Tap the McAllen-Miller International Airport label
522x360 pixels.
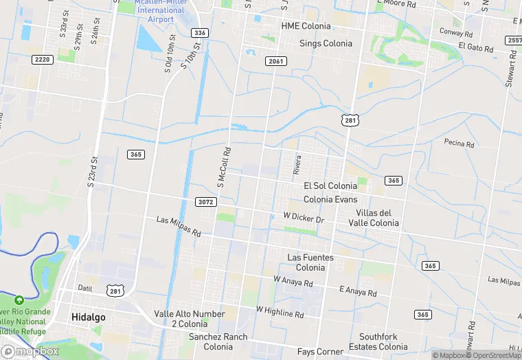pos(160,10)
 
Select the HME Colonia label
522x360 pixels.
pos(306,26)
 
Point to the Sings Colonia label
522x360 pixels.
pos(326,43)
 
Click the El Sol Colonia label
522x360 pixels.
pos(330,186)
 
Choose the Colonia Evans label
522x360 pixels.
pos(330,199)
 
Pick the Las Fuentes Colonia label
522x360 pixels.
pos(310,262)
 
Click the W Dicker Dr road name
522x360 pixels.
pos(303,217)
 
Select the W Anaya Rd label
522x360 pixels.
pos(293,281)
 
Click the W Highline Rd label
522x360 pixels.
pos(280,312)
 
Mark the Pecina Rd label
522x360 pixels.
pos(459,144)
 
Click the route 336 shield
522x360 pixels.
pos(200,33)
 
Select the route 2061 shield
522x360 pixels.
pos(275,62)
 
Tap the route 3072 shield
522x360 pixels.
pos(206,202)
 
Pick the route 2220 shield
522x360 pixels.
pos(42,60)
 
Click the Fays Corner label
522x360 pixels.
pos(320,352)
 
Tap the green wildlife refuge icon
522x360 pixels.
pos(19,300)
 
